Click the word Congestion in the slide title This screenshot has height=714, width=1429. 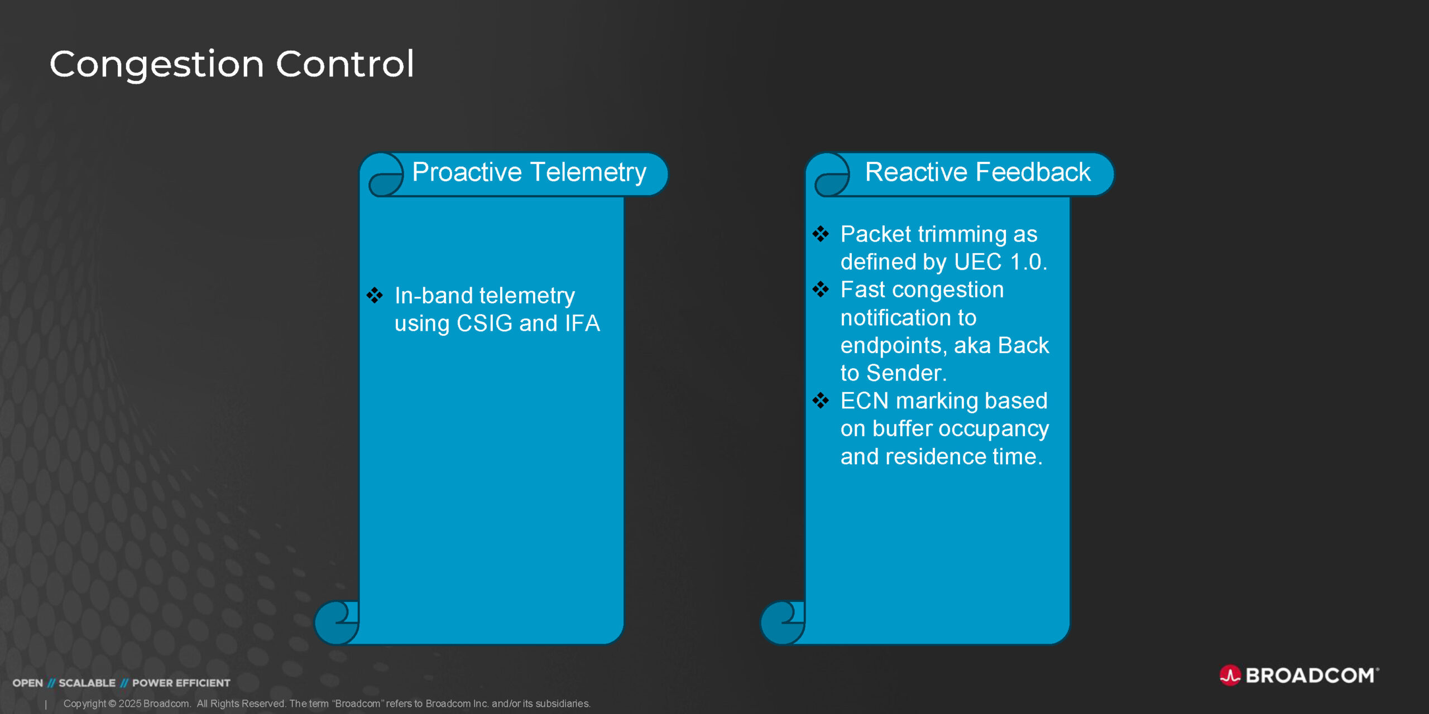157,64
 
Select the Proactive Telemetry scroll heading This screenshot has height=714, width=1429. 529,172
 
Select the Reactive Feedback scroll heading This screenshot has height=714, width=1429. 977,172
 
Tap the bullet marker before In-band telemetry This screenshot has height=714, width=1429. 375,295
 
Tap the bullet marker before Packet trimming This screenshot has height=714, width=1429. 821,234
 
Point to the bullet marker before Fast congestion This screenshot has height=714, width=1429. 821,289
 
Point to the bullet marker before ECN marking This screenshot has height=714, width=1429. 821,400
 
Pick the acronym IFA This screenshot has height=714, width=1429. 582,324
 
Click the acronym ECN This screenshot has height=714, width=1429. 864,401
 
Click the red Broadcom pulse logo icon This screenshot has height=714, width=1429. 1230,676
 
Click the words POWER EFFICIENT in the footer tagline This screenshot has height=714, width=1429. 181,683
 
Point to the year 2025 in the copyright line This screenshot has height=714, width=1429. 130,704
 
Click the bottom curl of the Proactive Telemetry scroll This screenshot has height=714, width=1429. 336,623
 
